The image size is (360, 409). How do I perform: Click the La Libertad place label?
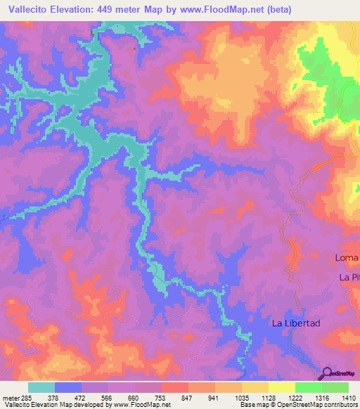[x=296, y=323]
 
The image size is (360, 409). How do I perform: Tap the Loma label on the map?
[x=347, y=258]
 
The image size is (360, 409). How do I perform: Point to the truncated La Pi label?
[x=349, y=278]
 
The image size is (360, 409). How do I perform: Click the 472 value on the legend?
[x=96, y=397]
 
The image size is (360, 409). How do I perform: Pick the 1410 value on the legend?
[x=348, y=397]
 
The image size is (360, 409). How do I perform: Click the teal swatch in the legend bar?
[x=41, y=387]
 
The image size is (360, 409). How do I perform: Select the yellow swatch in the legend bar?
[x=281, y=387]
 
